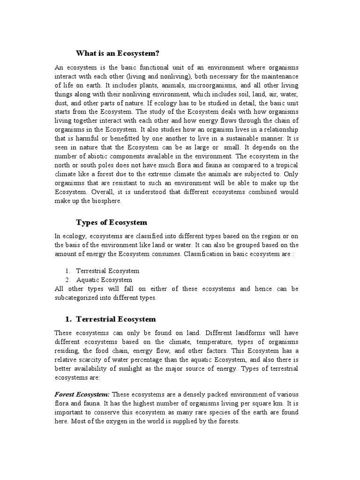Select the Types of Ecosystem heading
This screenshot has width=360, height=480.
pyautogui.click(x=112, y=222)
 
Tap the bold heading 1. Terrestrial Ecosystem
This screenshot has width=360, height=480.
pyautogui.click(x=110, y=319)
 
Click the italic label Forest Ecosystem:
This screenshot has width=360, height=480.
pyautogui.click(x=82, y=395)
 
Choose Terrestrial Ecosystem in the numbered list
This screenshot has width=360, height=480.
pyautogui.click(x=108, y=271)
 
